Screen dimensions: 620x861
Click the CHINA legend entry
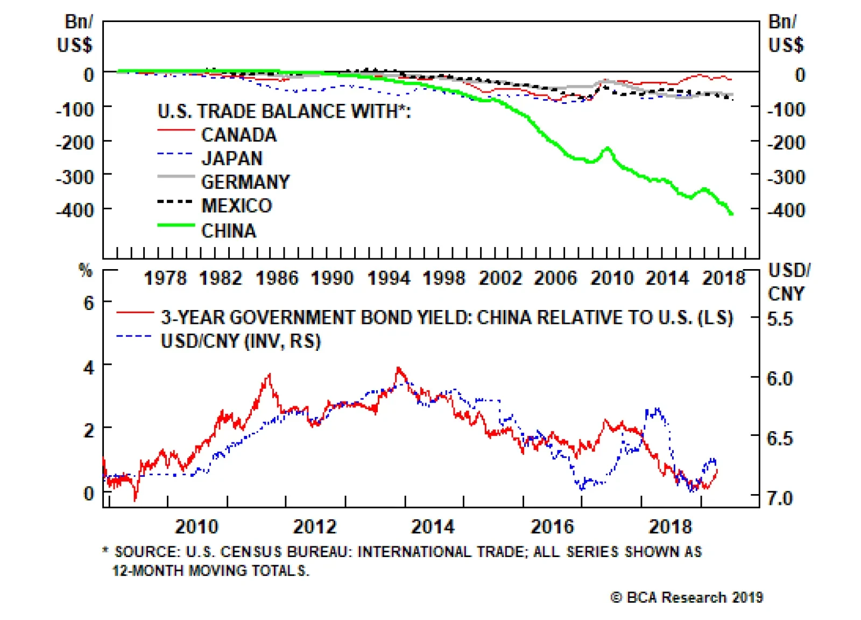click(x=228, y=230)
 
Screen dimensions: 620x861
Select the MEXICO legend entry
click(x=236, y=206)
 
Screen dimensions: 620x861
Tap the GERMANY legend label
click(x=245, y=182)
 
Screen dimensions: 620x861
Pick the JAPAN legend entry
click(x=232, y=158)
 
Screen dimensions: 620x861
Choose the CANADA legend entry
click(x=239, y=135)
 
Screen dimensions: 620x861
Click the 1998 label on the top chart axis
click(x=444, y=278)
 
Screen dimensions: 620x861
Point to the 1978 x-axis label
click(x=165, y=278)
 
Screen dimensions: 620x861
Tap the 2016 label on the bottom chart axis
click(x=552, y=526)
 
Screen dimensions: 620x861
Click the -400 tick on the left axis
click(x=75, y=210)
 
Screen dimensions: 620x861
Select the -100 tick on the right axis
click(x=786, y=110)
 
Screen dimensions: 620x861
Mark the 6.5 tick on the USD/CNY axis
click(x=780, y=438)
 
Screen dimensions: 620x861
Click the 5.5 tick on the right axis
click(x=780, y=319)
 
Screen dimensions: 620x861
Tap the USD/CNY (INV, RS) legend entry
click(x=241, y=341)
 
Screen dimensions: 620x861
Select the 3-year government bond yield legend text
click(x=447, y=318)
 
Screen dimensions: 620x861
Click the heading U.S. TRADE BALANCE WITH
click(x=284, y=111)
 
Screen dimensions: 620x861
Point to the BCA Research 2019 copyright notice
click(x=687, y=597)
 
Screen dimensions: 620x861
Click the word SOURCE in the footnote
click(x=147, y=552)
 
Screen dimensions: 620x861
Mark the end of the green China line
click(x=731, y=214)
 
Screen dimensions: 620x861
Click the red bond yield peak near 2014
click(x=398, y=369)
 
